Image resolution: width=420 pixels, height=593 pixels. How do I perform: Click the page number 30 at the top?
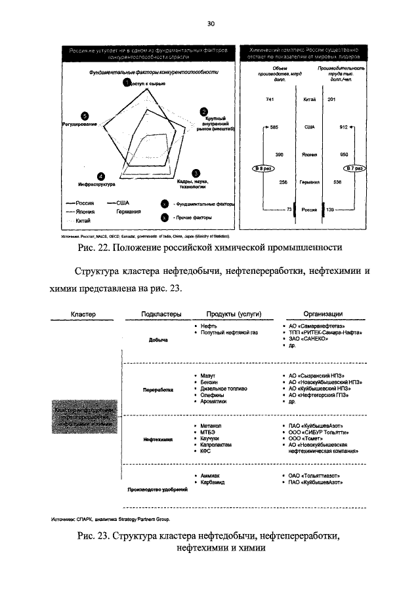(211, 24)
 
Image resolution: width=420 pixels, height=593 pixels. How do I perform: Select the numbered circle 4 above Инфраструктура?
(99, 176)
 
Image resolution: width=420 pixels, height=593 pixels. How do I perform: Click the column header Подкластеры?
(161, 314)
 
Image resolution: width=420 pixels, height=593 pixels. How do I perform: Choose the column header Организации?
(322, 314)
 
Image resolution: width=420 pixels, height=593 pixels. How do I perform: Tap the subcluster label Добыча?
(159, 339)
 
